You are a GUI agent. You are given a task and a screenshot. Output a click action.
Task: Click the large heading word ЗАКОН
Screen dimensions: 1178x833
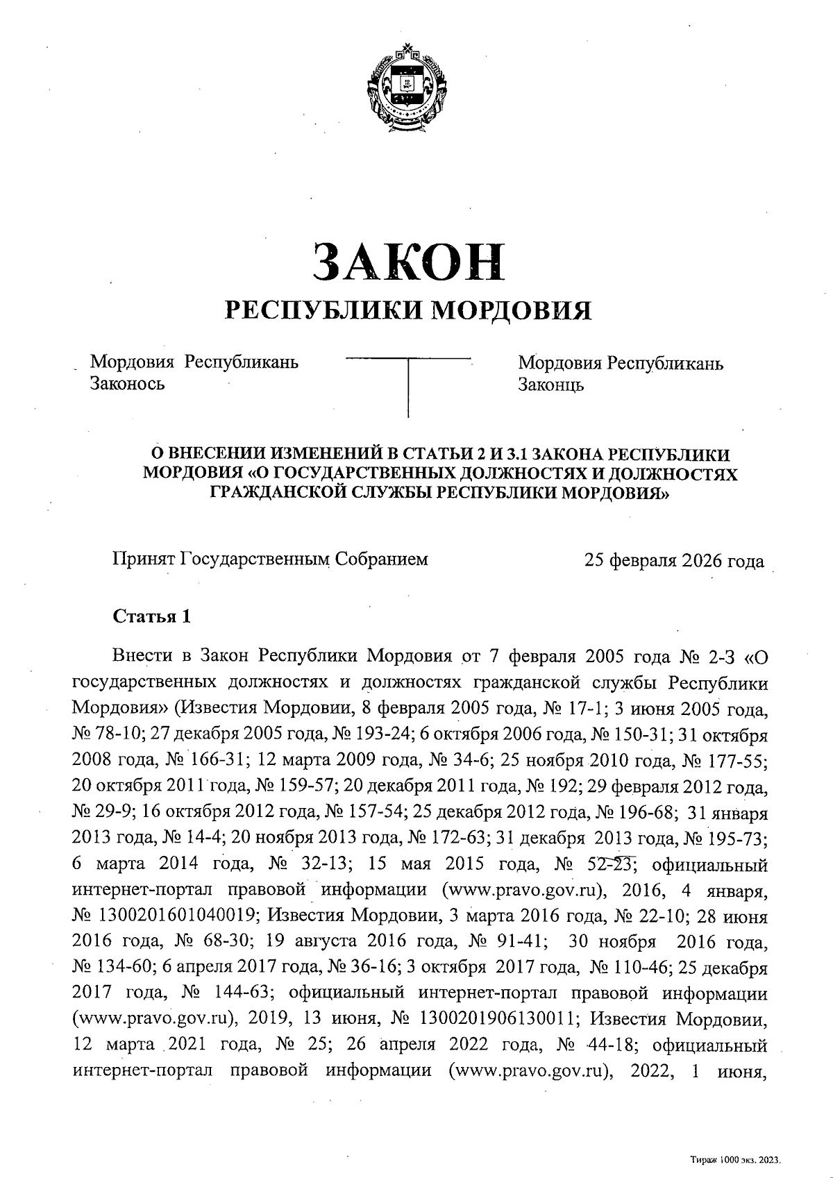[408, 263]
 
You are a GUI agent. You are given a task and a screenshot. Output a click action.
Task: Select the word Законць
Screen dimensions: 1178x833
[550, 384]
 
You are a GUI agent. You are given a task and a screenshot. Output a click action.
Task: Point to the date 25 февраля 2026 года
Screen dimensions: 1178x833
[674, 561]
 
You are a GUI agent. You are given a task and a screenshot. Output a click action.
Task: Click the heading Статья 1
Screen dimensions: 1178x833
[151, 616]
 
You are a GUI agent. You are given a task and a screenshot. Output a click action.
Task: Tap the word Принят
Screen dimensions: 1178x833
[143, 559]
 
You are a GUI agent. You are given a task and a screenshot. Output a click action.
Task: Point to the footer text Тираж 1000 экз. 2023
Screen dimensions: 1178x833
[736, 1159]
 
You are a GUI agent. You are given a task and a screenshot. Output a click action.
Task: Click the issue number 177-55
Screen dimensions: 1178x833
[742, 760]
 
